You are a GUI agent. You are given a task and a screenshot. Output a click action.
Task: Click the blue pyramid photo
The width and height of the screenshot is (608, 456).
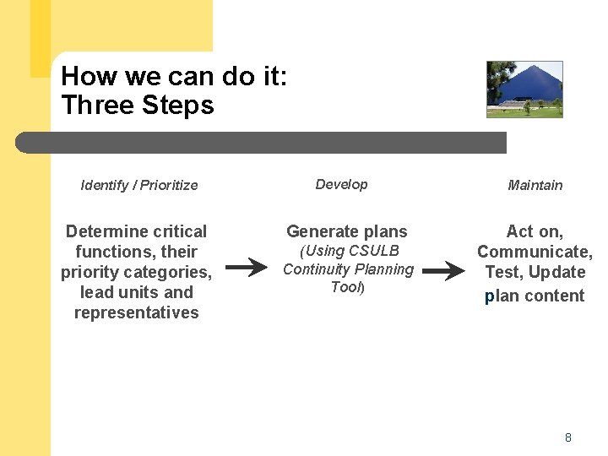pyautogui.click(x=524, y=89)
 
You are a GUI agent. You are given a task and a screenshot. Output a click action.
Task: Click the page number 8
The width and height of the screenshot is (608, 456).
pyautogui.click(x=568, y=437)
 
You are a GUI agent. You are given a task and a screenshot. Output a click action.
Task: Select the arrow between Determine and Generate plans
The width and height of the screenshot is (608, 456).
pyautogui.click(x=247, y=269)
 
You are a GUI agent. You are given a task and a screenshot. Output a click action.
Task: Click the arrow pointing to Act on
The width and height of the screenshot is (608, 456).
pyautogui.click(x=443, y=271)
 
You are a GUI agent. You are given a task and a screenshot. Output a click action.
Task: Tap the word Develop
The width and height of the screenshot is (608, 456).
pyautogui.click(x=341, y=184)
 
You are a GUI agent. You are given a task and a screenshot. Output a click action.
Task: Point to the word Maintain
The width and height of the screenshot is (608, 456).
pyautogui.click(x=535, y=185)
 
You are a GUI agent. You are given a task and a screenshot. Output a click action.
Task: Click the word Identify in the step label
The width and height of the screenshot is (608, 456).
pyautogui.click(x=104, y=185)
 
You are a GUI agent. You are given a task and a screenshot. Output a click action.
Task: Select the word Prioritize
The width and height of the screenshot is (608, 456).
pyautogui.click(x=169, y=185)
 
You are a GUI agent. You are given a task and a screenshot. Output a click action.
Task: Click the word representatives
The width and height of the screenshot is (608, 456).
pyautogui.click(x=136, y=312)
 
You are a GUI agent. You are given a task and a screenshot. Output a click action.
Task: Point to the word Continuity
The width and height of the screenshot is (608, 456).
pyautogui.click(x=318, y=269)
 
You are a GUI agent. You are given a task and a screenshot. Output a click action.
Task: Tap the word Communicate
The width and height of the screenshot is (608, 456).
pyautogui.click(x=534, y=252)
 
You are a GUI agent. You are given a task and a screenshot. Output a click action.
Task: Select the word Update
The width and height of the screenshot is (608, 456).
pyautogui.click(x=556, y=272)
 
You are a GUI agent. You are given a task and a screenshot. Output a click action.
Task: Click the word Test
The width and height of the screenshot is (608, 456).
pyautogui.click(x=503, y=272)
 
